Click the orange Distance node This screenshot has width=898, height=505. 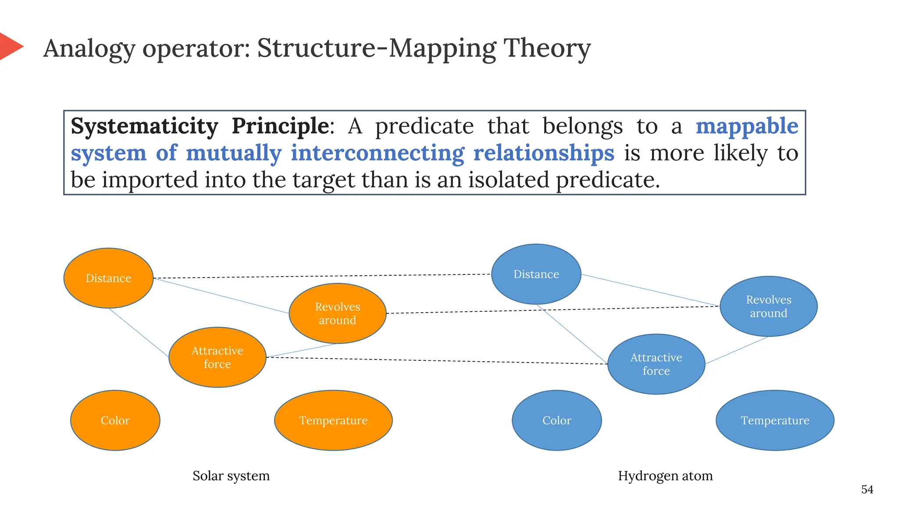108,278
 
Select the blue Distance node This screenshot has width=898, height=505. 536,274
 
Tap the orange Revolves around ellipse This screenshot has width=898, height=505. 337,313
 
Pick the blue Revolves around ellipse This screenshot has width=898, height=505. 768,306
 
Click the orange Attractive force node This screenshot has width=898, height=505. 217,357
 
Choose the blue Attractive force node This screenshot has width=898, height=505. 656,364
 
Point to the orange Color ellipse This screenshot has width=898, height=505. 115,420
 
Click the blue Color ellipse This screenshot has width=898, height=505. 556,420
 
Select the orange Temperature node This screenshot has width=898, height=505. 333,420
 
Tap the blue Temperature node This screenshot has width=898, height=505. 775,420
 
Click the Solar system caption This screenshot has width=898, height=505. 231,476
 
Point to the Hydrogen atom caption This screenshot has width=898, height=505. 665,476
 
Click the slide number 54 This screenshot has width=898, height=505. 867,489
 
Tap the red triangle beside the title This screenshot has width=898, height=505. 10,46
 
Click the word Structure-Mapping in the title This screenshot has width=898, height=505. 377,48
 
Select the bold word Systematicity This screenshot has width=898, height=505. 144,126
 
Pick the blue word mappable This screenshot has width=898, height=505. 747,126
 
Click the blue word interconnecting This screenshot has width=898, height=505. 377,153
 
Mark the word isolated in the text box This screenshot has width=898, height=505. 508,180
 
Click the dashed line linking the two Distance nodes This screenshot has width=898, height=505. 322,276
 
